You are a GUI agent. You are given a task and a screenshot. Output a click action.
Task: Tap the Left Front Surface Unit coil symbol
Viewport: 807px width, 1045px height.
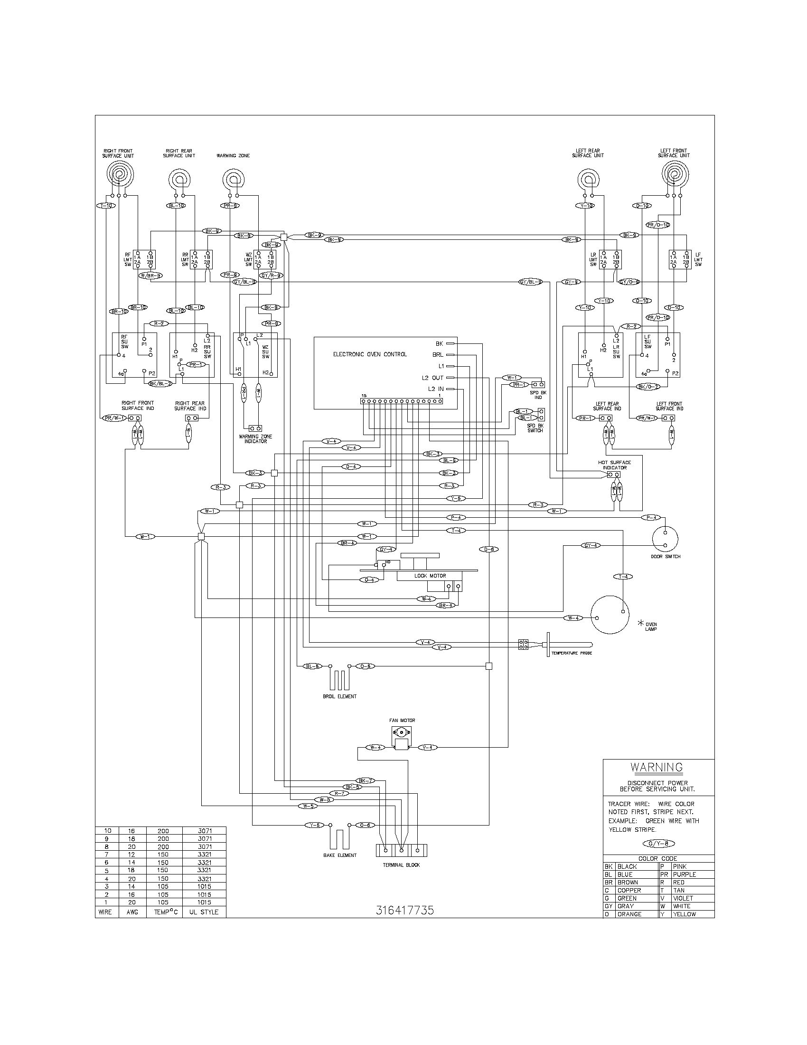(674, 174)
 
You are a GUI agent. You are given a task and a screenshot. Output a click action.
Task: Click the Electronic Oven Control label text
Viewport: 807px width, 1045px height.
(370, 354)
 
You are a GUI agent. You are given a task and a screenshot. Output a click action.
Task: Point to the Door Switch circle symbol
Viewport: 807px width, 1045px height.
(665, 539)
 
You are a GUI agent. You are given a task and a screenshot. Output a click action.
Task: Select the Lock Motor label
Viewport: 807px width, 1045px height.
(430, 576)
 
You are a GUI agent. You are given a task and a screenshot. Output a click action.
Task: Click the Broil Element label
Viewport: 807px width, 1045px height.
(339, 696)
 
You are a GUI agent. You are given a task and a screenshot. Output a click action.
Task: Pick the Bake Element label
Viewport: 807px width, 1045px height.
(339, 855)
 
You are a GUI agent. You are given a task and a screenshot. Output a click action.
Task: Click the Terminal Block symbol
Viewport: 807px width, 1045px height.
(401, 850)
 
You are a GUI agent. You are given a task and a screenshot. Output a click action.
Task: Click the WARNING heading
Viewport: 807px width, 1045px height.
(657, 767)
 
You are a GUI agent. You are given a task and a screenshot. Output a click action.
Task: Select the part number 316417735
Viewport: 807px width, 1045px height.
(404, 911)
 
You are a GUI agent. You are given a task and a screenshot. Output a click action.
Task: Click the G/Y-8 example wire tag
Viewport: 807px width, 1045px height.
(659, 844)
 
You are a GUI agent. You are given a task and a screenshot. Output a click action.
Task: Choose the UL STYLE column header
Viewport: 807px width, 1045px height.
(204, 912)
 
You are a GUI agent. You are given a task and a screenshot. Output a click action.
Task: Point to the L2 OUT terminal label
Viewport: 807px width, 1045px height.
(432, 378)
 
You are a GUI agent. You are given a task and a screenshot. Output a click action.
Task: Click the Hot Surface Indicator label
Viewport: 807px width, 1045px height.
(614, 465)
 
